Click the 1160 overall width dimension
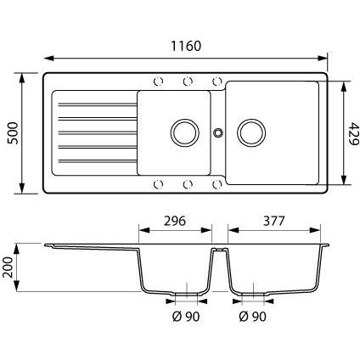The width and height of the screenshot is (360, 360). [186, 46]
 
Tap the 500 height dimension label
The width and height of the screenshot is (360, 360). [13, 133]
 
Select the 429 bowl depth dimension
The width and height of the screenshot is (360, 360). [353, 133]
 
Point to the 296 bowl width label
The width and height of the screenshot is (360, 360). [175, 221]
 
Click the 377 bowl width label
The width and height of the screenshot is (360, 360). [273, 221]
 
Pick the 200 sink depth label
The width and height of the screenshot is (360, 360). [8, 267]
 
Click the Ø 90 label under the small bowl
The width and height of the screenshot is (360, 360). [186, 317]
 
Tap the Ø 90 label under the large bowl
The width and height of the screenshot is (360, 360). [253, 317]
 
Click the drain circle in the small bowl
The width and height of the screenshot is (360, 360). [184, 133]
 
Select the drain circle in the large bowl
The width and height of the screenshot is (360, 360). [251, 133]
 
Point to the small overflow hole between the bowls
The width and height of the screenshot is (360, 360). [218, 132]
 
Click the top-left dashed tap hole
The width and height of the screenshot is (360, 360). [158, 82]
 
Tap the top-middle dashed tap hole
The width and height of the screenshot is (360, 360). [188, 82]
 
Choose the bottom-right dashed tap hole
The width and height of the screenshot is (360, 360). [217, 184]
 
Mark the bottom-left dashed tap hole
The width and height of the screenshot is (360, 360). [158, 184]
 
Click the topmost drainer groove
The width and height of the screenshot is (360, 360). [98, 104]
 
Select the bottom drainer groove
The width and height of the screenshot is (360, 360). [98, 161]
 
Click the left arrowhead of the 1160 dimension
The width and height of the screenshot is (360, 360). [49, 58]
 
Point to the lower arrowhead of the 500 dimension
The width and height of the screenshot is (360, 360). [22, 188]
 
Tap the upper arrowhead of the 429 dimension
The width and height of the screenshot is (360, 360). [344, 87]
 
